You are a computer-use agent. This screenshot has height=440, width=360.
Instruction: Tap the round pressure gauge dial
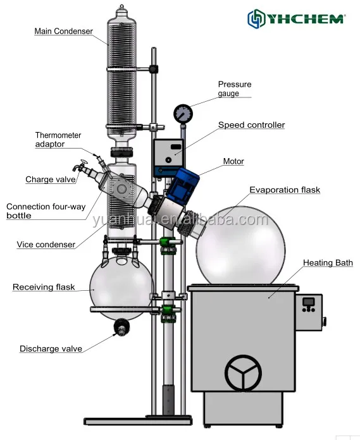pos(183,114)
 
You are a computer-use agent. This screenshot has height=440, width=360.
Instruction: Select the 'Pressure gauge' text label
pos(235,89)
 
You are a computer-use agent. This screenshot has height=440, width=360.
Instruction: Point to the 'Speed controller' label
pos(251,125)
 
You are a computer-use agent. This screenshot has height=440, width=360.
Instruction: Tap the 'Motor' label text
pos(233,161)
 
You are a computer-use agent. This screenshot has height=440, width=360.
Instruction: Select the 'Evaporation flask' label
pos(284,190)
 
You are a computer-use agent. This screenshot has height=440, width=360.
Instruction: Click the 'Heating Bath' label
pos(327,263)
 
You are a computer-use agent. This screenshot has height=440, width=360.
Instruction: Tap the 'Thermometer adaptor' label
pos(58,140)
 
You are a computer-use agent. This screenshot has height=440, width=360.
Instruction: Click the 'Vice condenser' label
pos(46,245)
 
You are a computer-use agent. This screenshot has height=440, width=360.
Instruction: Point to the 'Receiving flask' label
pos(44,287)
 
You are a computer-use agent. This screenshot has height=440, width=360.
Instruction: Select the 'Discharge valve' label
pos(51,348)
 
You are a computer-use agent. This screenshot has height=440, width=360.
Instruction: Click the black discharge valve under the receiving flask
pos(120,327)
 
